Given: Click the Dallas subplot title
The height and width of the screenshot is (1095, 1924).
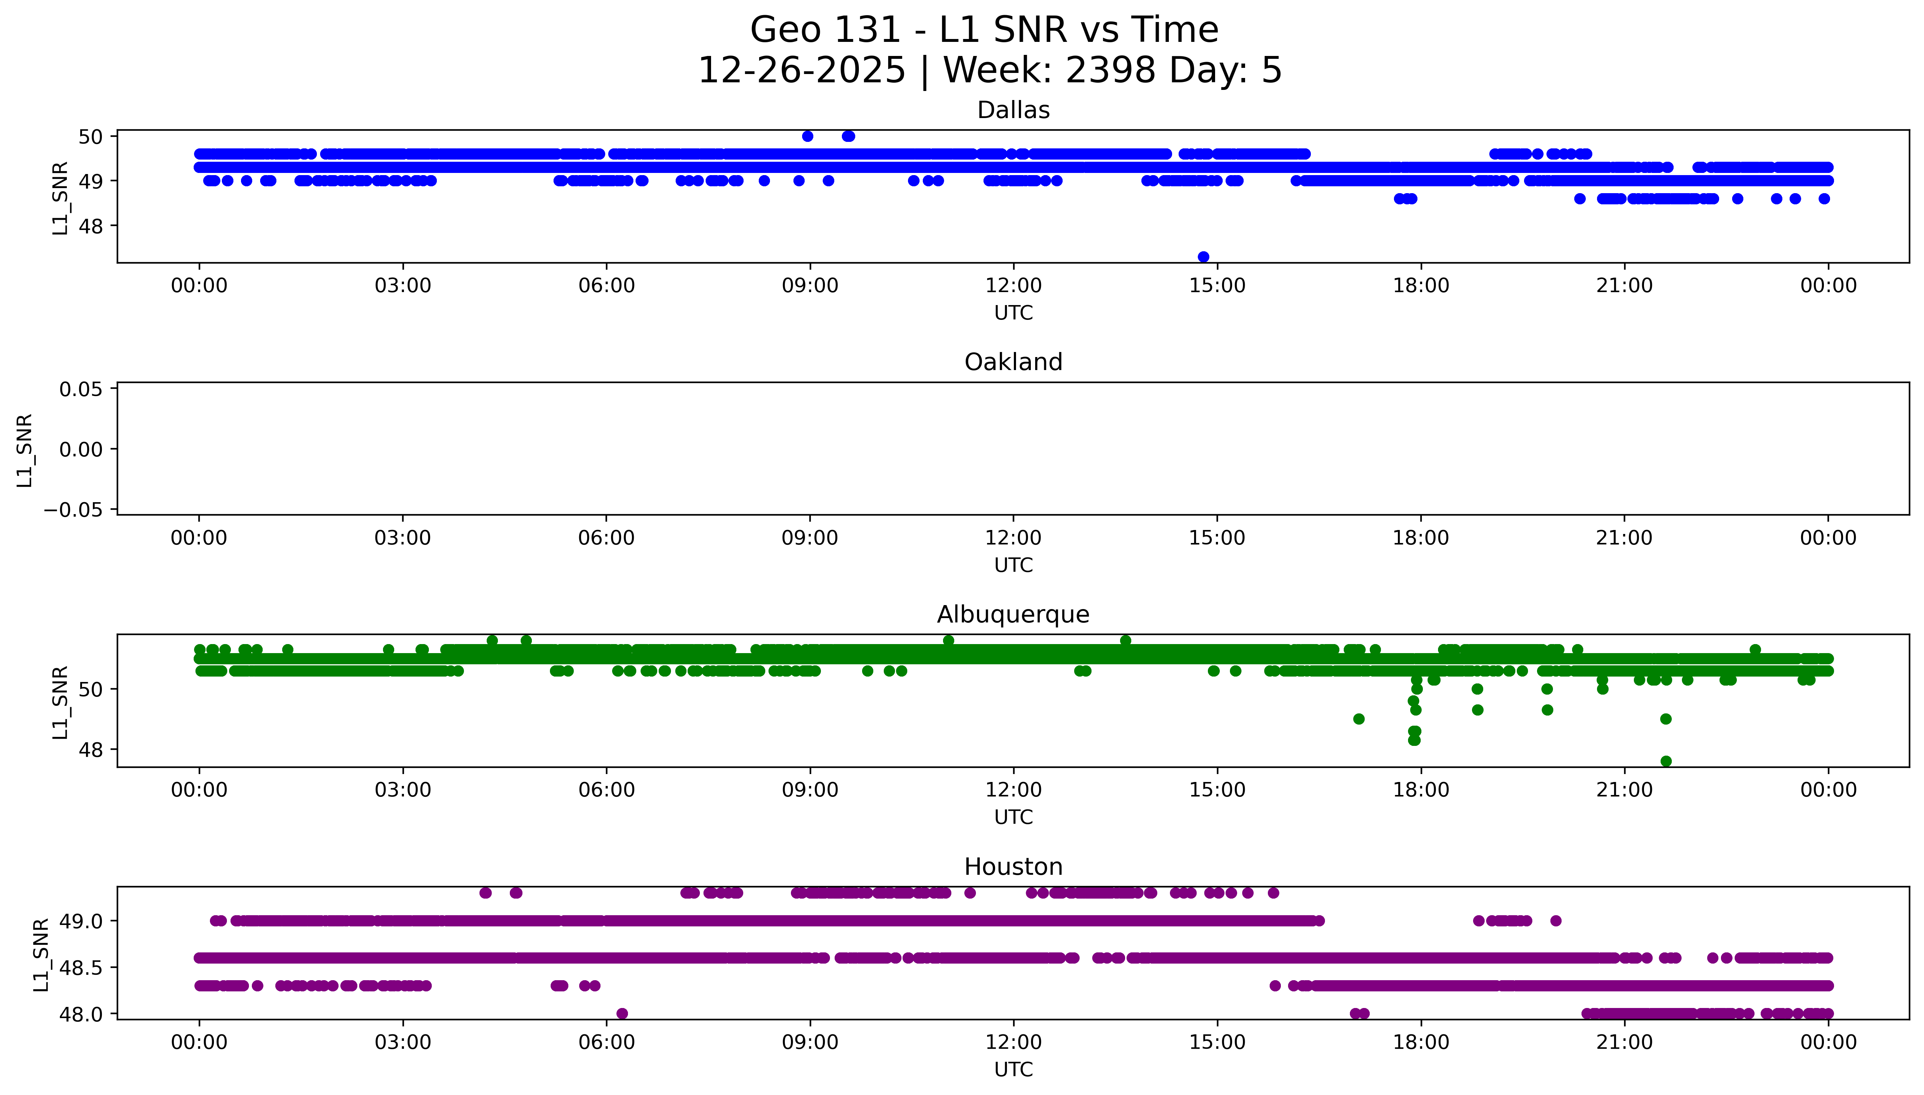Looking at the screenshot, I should coord(1013,110).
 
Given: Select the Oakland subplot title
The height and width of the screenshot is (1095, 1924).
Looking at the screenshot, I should coord(1013,362).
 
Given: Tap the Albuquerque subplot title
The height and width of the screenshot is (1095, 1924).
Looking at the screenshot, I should coord(1013,614).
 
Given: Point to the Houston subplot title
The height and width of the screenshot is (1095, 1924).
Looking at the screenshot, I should coord(1013,867).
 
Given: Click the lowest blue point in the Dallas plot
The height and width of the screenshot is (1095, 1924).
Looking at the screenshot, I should coord(1203,257).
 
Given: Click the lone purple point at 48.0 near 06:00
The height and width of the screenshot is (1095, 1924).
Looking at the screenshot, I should coord(621,1013).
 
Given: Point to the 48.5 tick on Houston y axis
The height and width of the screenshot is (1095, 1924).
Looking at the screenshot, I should coord(81,967).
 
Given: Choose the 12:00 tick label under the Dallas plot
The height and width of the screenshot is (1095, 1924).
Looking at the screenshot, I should coord(1013,286).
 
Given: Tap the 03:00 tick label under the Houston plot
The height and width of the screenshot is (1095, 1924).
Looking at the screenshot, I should coord(403,1042).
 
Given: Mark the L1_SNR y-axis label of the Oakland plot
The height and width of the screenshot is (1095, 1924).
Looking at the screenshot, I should coord(25,450).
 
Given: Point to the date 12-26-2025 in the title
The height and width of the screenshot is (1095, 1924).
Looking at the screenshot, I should coord(801,71).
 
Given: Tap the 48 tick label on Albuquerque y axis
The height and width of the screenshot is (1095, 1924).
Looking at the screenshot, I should coord(90,750).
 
